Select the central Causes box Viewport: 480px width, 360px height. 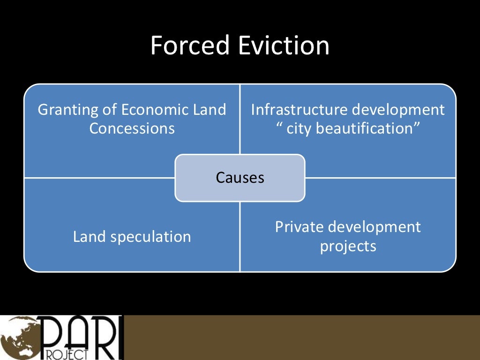coord(240,178)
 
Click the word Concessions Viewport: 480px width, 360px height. coord(132,128)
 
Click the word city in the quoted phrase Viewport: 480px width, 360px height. coord(299,128)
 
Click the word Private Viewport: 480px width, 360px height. coord(299,227)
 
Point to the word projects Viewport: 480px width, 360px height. coord(348,246)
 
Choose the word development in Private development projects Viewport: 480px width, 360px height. coord(375,227)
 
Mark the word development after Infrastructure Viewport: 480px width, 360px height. coord(398,110)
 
